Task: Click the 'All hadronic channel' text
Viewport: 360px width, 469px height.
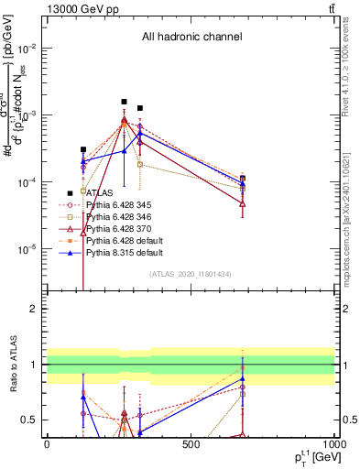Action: (190, 37)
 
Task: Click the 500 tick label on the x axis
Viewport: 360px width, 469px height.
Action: (191, 445)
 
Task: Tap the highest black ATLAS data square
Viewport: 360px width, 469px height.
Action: (124, 102)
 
